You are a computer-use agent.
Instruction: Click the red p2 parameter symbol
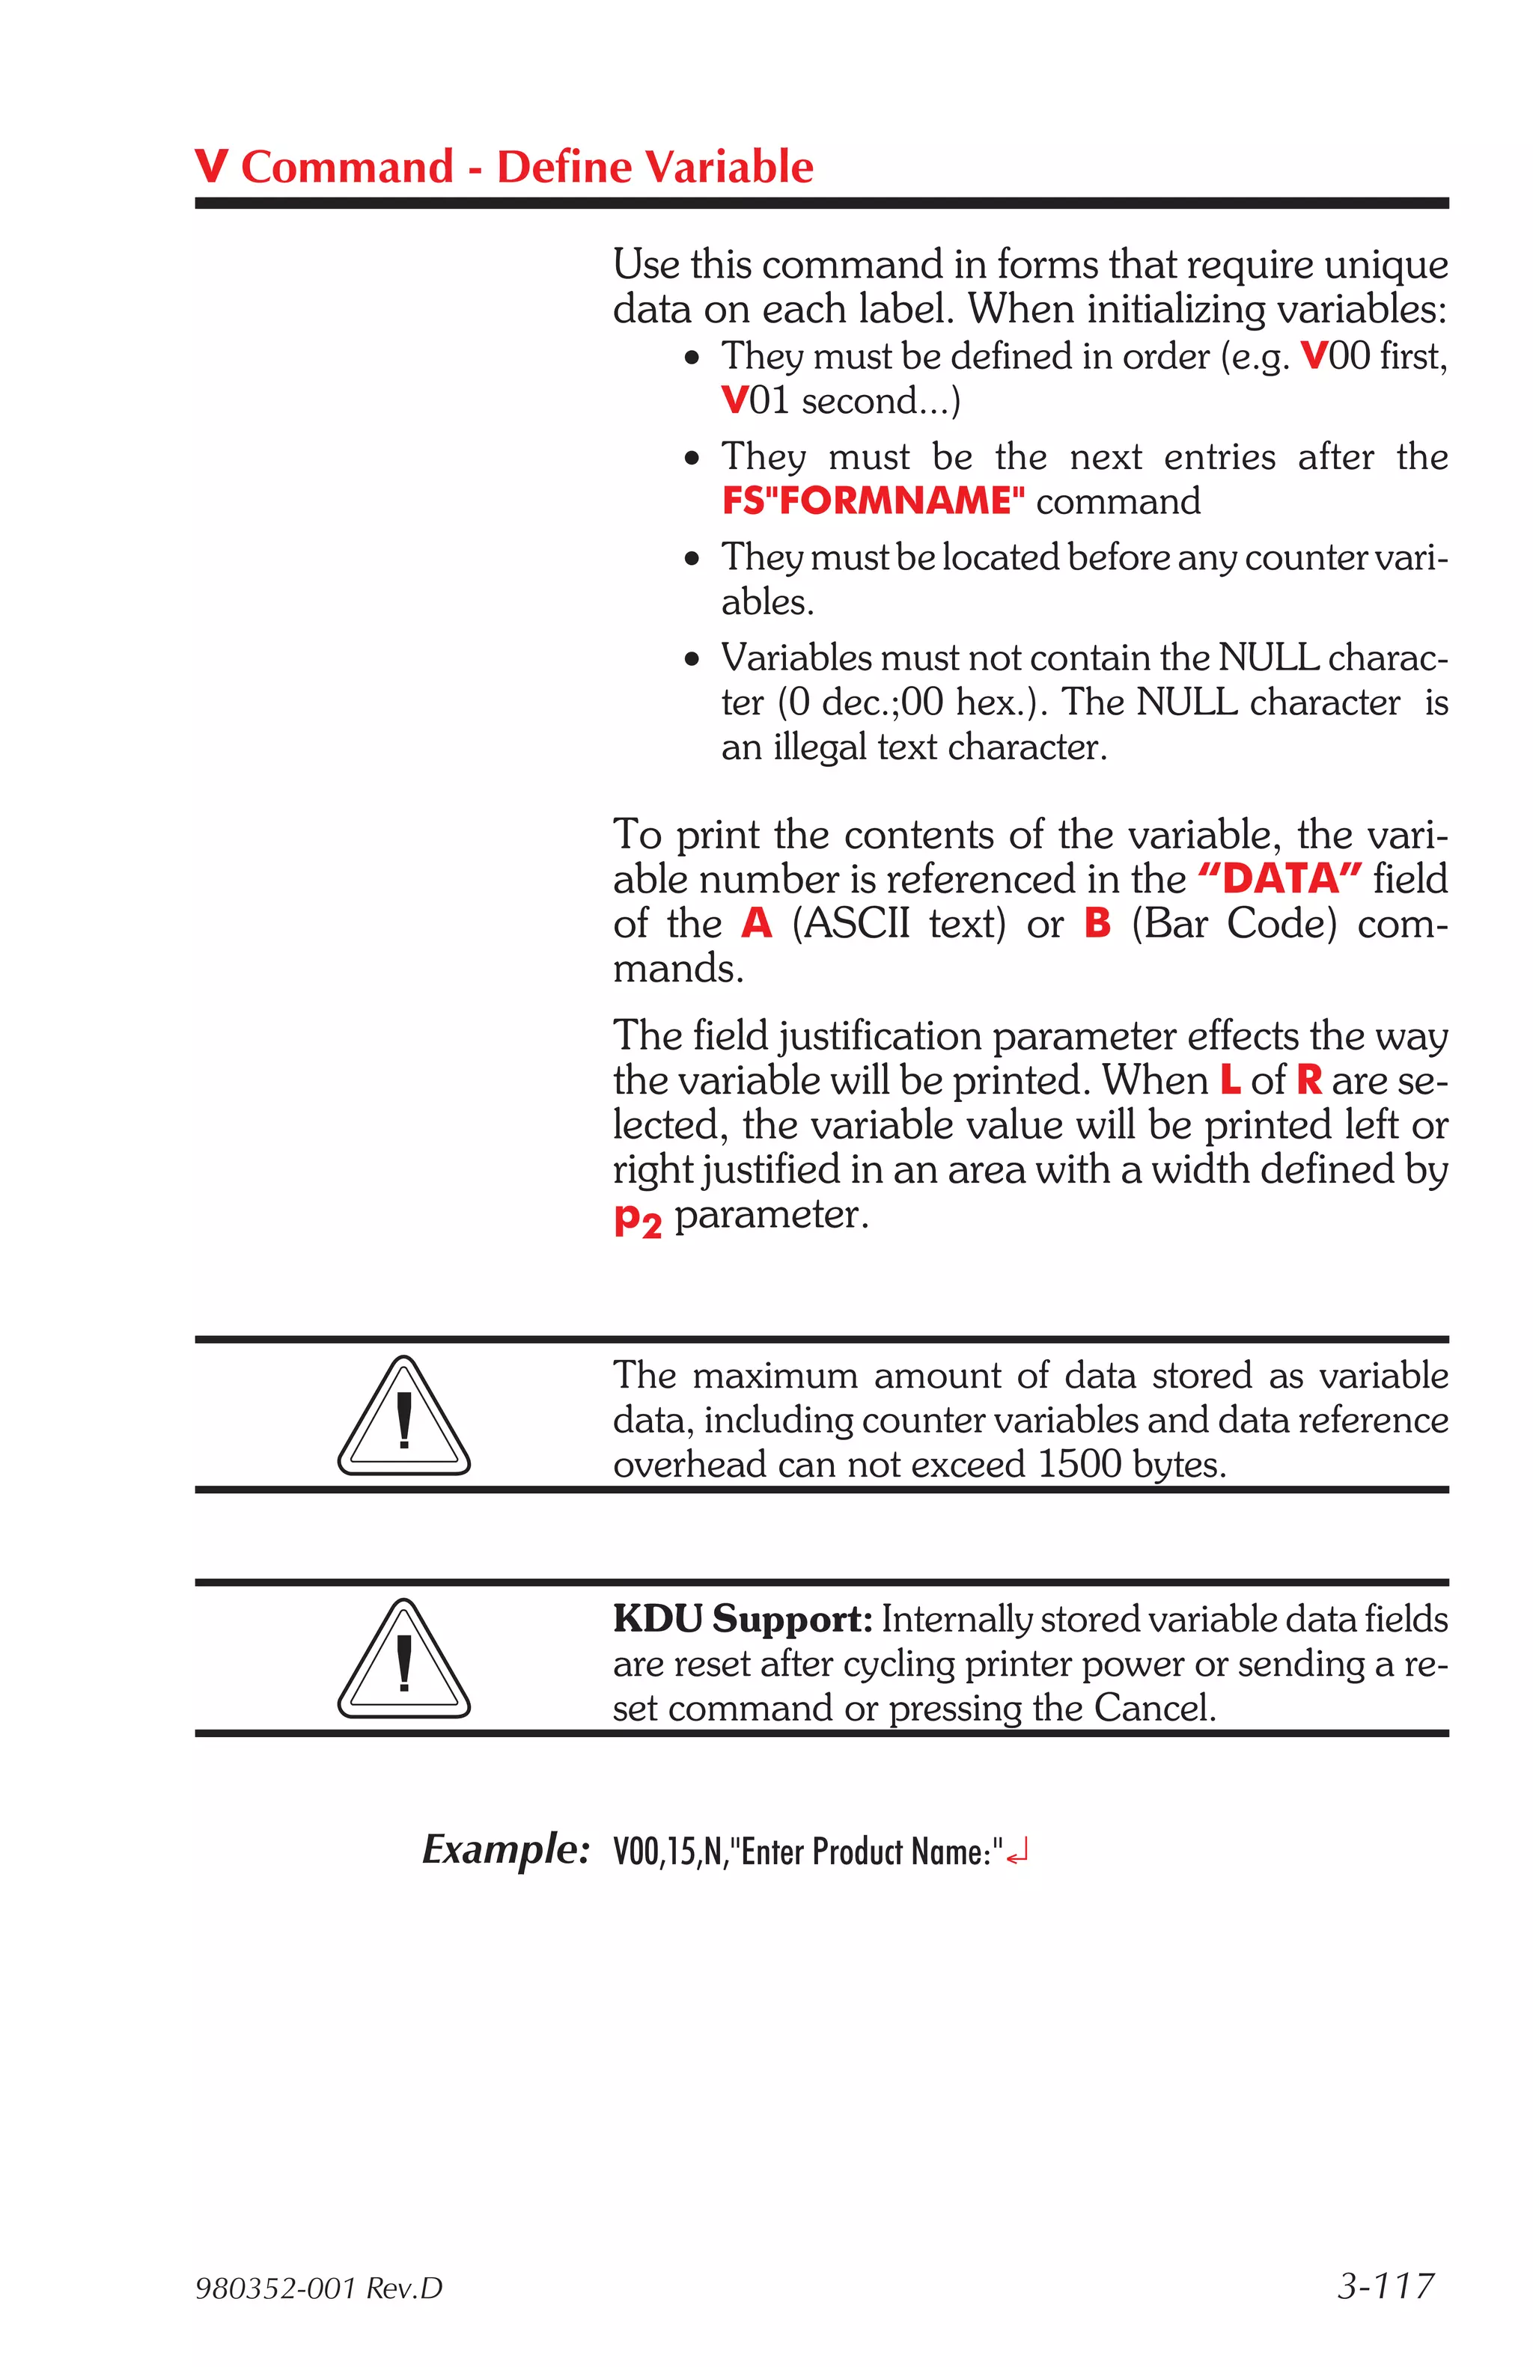pyautogui.click(x=637, y=1217)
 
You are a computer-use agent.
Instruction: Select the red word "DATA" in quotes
pyautogui.click(x=1279, y=879)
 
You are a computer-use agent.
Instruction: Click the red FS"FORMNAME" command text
pyautogui.click(x=873, y=500)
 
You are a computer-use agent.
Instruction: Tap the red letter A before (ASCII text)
pyautogui.click(x=756, y=924)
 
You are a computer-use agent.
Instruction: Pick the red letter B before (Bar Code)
pyautogui.click(x=1097, y=924)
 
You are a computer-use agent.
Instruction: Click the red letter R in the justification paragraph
pyautogui.click(x=1309, y=1080)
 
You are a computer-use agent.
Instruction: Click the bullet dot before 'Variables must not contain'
pyautogui.click(x=692, y=659)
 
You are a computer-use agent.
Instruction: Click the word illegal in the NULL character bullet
pyautogui.click(x=820, y=747)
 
